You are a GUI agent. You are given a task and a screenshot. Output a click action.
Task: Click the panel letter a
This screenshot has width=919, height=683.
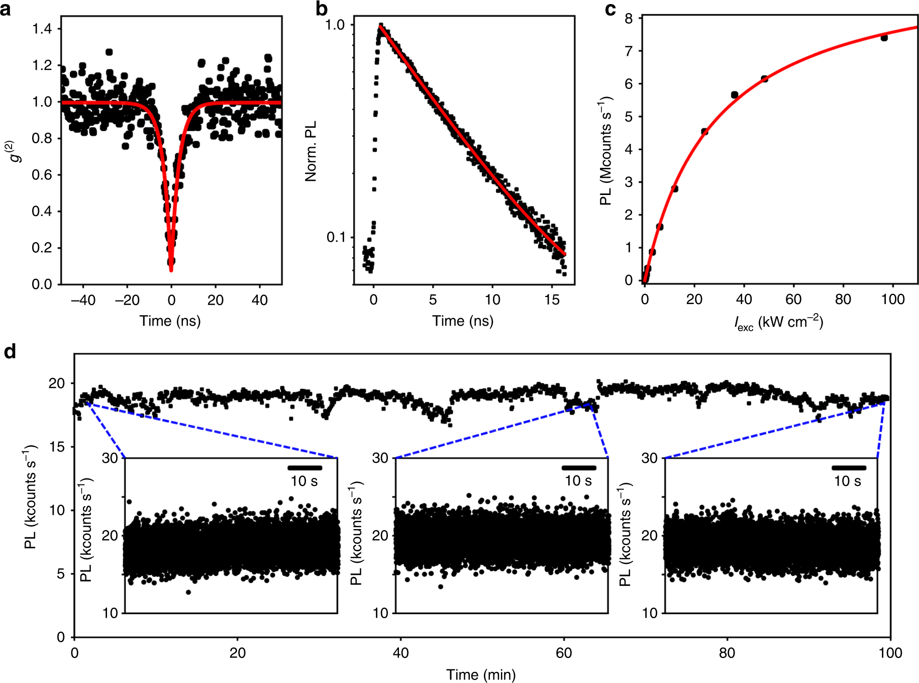coord(6,9)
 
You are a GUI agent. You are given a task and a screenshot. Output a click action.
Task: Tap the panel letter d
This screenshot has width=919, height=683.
coord(10,352)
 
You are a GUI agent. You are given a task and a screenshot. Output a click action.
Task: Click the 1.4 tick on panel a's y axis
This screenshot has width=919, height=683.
coord(42,29)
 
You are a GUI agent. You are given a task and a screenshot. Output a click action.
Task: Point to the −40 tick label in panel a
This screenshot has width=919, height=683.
coord(83,300)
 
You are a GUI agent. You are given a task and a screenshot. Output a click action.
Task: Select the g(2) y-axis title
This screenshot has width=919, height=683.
coord(17,151)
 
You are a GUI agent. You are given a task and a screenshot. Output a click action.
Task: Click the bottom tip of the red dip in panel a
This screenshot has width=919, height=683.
coord(171,270)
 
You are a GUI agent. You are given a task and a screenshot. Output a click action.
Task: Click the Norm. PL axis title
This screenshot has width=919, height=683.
coord(311,151)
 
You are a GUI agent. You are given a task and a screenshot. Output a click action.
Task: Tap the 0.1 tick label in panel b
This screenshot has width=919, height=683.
coord(336,237)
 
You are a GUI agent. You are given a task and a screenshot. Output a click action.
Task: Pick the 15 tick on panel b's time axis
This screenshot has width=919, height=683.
coord(552,300)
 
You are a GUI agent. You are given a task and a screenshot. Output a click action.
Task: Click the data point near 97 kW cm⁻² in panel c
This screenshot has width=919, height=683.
coord(884,38)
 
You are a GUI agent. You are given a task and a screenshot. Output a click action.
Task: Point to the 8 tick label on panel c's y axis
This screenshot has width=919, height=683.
coord(628,19)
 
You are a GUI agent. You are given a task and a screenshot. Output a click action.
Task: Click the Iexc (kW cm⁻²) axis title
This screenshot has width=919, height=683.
coord(778,322)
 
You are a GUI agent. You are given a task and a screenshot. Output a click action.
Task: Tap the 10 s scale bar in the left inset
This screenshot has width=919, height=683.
coord(304,468)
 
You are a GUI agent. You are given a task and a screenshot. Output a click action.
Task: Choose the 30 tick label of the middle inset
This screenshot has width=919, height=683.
coord(380,458)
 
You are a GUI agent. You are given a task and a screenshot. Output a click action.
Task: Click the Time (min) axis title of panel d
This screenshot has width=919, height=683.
coord(481,674)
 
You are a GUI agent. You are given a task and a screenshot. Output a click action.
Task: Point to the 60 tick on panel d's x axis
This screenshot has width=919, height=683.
coord(564,653)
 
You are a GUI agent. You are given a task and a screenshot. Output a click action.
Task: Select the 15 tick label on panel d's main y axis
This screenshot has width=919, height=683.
coord(57,447)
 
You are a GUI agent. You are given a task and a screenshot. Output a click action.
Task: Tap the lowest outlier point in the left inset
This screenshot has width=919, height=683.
coord(188,592)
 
